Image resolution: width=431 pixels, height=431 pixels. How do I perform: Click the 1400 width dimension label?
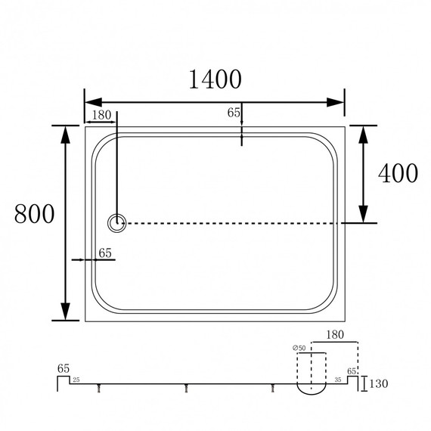tap(215, 79)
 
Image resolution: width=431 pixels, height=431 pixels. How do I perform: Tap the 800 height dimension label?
tap(34, 213)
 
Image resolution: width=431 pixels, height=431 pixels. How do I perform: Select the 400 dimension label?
tap(398, 173)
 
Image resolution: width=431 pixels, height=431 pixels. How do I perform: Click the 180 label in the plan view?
tap(101, 115)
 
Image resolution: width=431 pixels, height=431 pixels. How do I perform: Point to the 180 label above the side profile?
tap(335, 334)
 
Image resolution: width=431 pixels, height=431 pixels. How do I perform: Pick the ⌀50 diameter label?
tap(299, 348)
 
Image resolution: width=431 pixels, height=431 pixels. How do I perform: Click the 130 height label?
tap(379, 383)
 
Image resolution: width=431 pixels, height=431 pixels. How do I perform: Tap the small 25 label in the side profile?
tap(76, 380)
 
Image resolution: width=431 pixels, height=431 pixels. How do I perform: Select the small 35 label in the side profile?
tap(338, 380)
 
